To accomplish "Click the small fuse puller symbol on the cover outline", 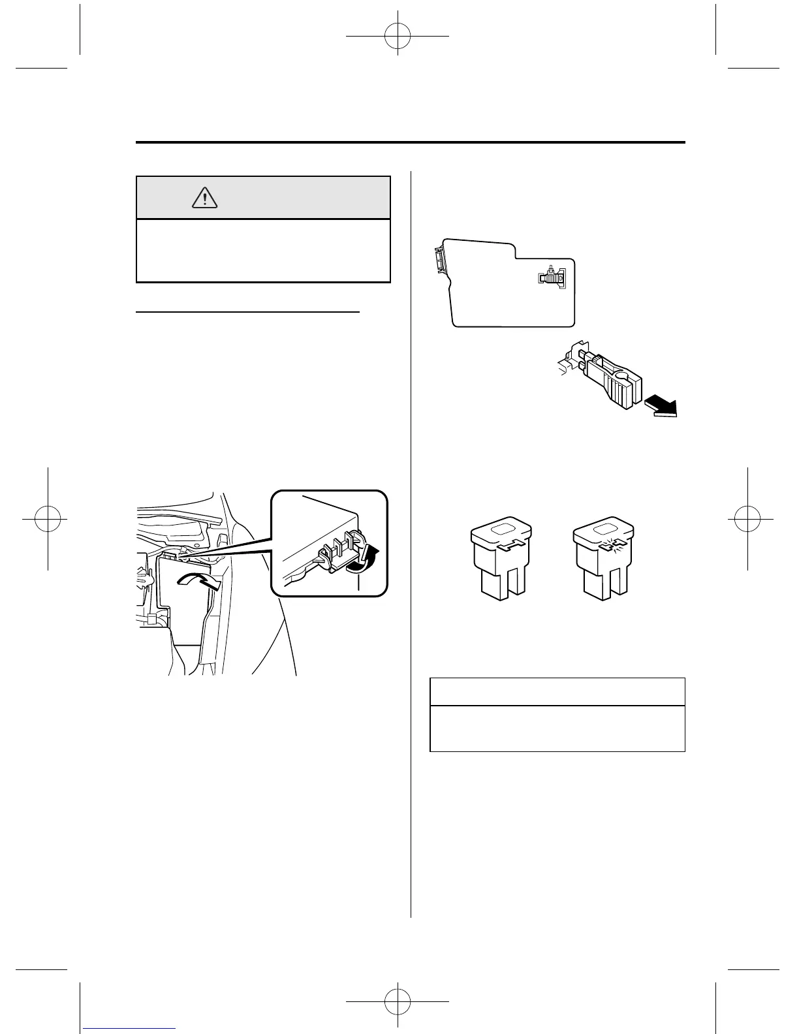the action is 552,277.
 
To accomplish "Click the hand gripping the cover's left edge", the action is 143,579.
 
